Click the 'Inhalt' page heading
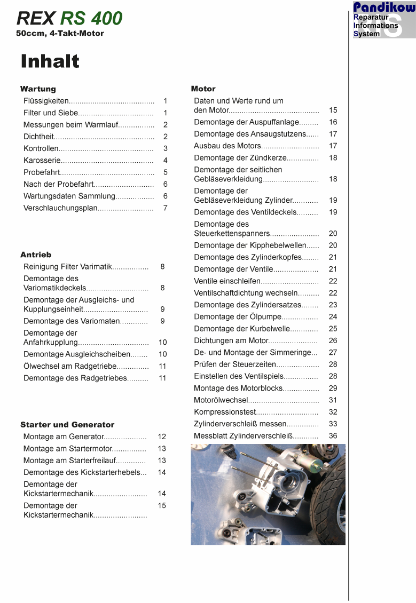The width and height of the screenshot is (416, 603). (50, 61)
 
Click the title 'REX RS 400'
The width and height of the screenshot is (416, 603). (69, 19)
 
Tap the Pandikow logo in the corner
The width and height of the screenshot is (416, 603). (383, 20)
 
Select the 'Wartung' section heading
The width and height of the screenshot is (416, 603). (38, 89)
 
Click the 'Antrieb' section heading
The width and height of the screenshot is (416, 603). (36, 255)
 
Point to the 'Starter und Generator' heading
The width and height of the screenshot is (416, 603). (67, 425)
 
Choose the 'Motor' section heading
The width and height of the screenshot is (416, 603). (203, 89)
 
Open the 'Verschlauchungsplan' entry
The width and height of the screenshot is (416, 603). (60, 208)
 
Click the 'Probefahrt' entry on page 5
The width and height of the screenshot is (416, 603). (42, 172)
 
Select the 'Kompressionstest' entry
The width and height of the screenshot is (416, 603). (224, 412)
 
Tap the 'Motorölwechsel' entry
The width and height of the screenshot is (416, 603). (221, 400)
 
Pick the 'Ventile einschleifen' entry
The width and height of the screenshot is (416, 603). (227, 281)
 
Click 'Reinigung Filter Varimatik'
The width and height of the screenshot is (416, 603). (67, 267)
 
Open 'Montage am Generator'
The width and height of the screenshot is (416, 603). (63, 437)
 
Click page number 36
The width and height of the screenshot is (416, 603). (333, 436)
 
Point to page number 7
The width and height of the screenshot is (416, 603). (166, 208)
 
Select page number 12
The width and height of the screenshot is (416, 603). (162, 437)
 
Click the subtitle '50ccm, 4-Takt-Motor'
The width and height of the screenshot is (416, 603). (60, 34)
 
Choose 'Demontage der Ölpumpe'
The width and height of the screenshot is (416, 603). (237, 317)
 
